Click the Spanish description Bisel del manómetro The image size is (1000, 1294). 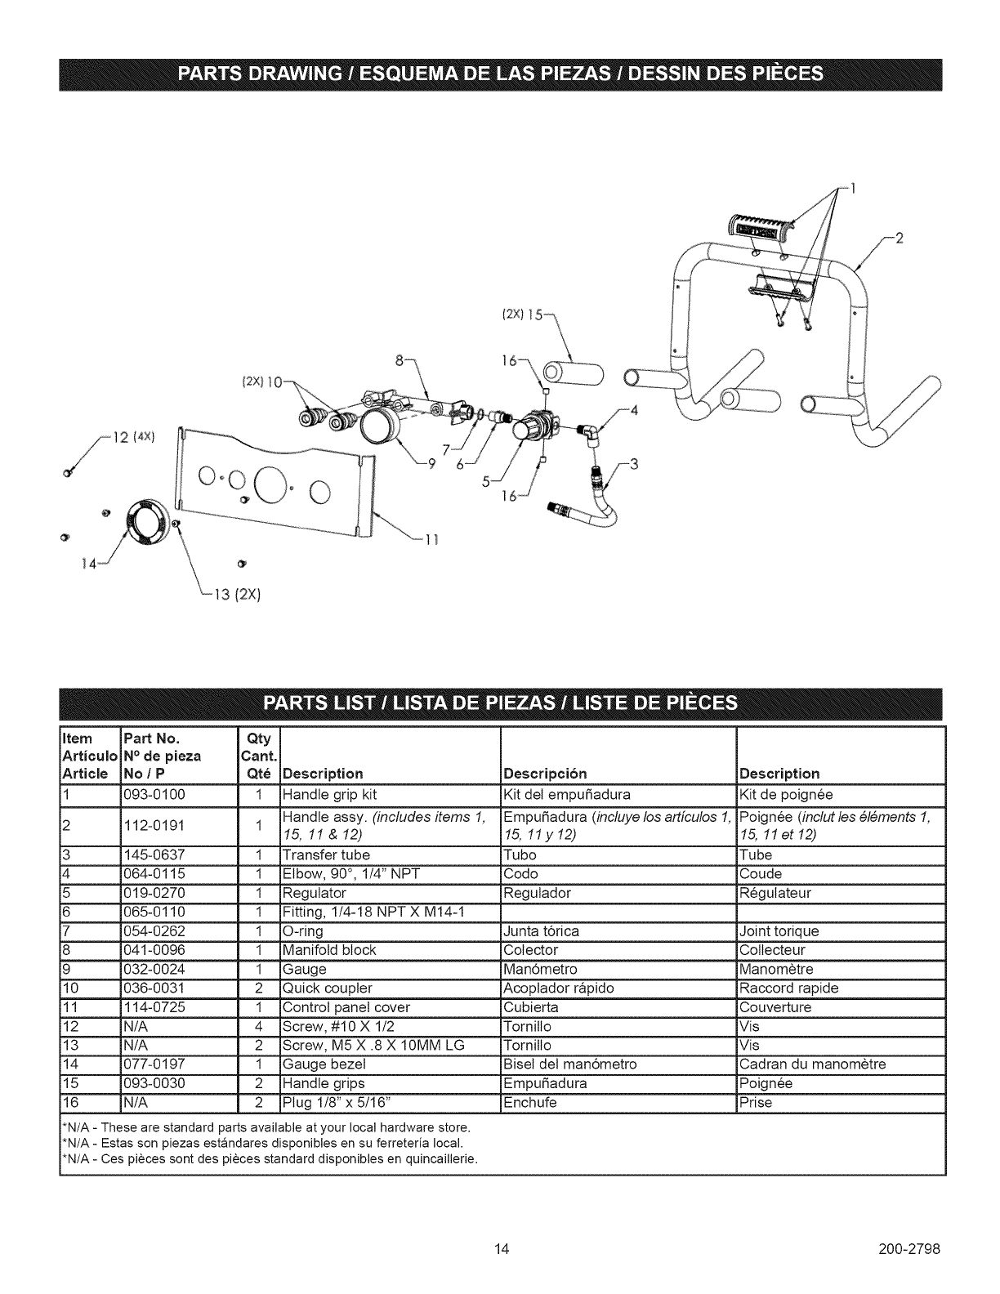569,1064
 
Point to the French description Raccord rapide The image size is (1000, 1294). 788,988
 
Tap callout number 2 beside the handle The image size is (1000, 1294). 900,239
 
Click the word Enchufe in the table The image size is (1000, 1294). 531,1103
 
